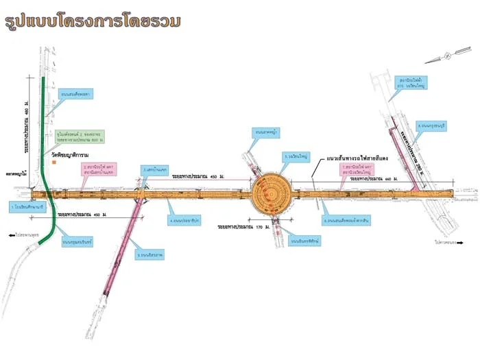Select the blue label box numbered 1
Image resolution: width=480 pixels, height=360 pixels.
(x=28, y=206)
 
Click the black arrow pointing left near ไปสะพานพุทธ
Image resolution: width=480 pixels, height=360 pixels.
(x=11, y=235)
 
